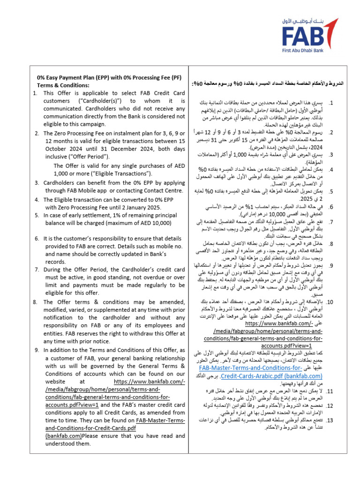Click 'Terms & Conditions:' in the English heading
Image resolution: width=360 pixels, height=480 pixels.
pos(63,85)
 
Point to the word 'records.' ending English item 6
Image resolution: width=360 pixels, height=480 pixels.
pos(56,275)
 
